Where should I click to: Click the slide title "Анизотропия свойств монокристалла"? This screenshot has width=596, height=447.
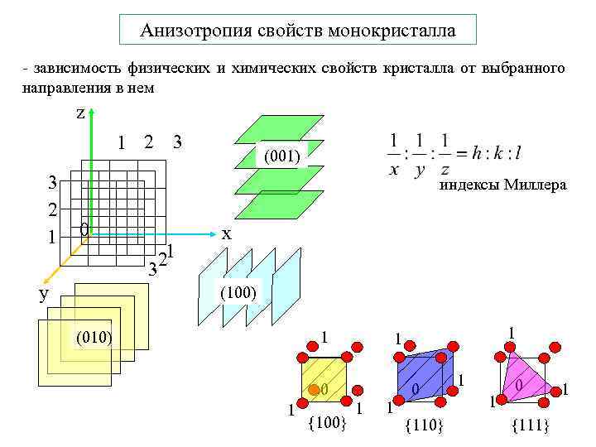[298, 31]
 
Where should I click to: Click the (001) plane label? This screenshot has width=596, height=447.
[281, 155]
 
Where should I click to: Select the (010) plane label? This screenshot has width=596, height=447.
[94, 337]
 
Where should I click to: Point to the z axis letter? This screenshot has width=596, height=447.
[80, 113]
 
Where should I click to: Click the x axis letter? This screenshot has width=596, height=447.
[226, 234]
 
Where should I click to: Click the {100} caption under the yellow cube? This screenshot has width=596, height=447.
[326, 424]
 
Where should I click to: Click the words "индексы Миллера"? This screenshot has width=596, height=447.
[502, 185]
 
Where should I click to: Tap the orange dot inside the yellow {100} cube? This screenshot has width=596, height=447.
[313, 389]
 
